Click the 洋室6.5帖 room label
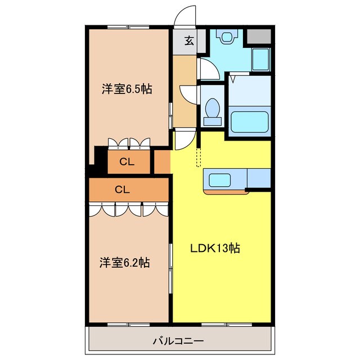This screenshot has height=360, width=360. coord(127,89)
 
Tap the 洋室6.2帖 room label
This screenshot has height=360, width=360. coord(125,263)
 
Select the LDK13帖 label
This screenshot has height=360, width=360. coord(215,248)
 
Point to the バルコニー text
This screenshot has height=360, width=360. coord(178,341)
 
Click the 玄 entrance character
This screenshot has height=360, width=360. coord(189,40)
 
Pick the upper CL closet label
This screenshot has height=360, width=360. coord(127,162)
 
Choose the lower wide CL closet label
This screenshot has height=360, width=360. coord(123,190)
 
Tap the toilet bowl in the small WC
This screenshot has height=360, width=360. coord(213,112)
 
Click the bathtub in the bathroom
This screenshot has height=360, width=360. coord(249,122)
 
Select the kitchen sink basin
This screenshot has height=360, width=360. coord(219,180)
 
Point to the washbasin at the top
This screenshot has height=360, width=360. coord(227,36)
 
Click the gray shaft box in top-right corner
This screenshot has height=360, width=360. coord(259,36)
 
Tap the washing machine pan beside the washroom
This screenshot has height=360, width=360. coord(261,60)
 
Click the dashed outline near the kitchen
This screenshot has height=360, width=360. coord(199,157)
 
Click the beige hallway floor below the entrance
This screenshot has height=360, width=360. coord(184,91)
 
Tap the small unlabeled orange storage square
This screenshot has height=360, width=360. coord(162,162)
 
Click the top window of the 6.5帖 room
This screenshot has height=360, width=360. coord(128,27)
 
